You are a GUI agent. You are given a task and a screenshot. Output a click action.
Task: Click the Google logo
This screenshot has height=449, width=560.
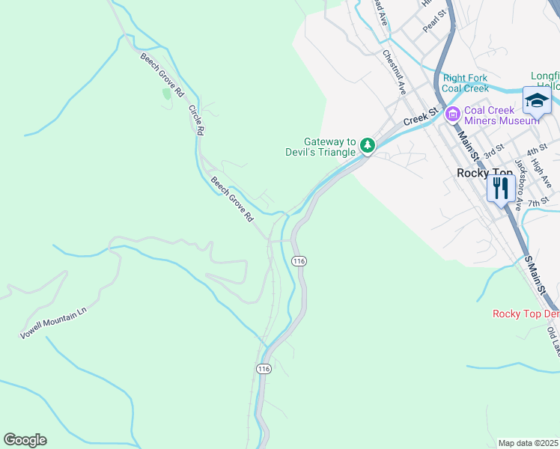[x=25, y=440]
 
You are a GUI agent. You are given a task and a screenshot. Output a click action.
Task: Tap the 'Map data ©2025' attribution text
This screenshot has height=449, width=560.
[x=529, y=443]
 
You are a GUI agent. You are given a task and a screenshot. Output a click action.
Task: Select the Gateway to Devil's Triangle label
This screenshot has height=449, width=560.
[x=329, y=147]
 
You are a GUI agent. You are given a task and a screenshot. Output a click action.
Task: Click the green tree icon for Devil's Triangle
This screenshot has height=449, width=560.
[x=367, y=145]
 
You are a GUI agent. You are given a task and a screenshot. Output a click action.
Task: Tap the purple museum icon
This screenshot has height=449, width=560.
[x=452, y=114]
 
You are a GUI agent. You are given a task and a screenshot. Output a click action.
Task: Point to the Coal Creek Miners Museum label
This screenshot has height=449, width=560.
[x=501, y=114]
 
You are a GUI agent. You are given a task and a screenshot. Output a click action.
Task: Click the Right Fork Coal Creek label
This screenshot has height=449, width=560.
[x=465, y=82]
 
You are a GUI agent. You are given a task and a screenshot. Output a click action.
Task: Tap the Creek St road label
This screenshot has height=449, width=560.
[x=420, y=117]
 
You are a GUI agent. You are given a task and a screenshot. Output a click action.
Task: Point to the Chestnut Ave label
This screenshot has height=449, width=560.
[x=394, y=72]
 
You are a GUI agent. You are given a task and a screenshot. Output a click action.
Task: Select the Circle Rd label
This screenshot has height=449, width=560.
[x=196, y=119]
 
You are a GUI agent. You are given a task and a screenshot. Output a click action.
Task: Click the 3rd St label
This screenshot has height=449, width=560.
[x=492, y=153]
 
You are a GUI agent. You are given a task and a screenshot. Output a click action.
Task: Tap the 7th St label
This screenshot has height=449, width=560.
[x=538, y=202]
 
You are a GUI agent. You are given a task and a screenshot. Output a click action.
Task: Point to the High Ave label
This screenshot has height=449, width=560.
[x=541, y=174]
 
